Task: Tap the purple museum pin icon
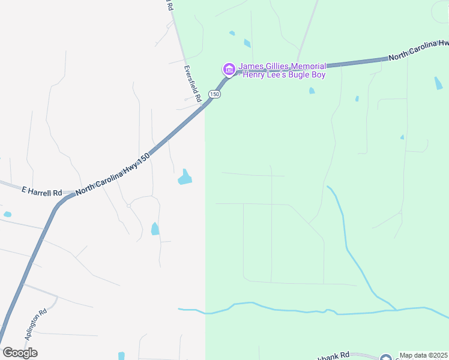click(229, 70)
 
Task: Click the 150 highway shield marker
click(215, 94)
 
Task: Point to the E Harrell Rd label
click(41, 193)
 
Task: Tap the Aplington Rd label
click(35, 325)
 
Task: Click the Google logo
click(20, 352)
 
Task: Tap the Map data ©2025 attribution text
click(423, 355)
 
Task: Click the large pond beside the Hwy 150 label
click(185, 177)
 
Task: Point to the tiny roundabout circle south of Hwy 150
click(129, 206)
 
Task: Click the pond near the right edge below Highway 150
click(439, 83)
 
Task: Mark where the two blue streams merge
click(396, 310)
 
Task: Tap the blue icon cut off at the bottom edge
click(384, 358)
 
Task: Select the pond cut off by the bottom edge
click(121, 356)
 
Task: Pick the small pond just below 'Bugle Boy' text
click(312, 91)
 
